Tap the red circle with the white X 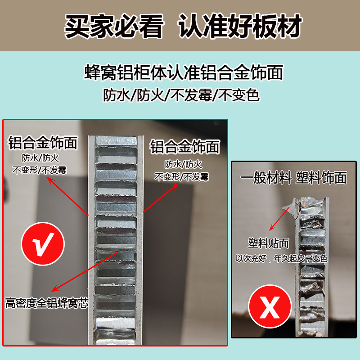(270, 309)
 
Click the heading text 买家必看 (113, 27)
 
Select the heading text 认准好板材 (240, 27)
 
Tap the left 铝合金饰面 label (43, 143)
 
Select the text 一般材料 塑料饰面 (293, 178)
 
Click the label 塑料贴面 (268, 243)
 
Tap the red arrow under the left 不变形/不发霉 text (67, 196)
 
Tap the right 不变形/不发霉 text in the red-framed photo (182, 176)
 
